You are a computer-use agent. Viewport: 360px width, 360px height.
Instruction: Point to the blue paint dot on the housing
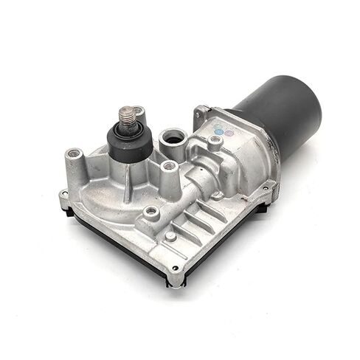pyautogui.click(x=218, y=131)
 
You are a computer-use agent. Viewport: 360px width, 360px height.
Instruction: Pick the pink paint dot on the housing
pyautogui.click(x=228, y=134)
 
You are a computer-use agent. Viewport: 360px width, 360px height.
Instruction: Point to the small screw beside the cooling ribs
pyautogui.click(x=171, y=237)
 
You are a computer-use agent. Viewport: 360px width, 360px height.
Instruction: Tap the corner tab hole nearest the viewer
pyautogui.click(x=175, y=268)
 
